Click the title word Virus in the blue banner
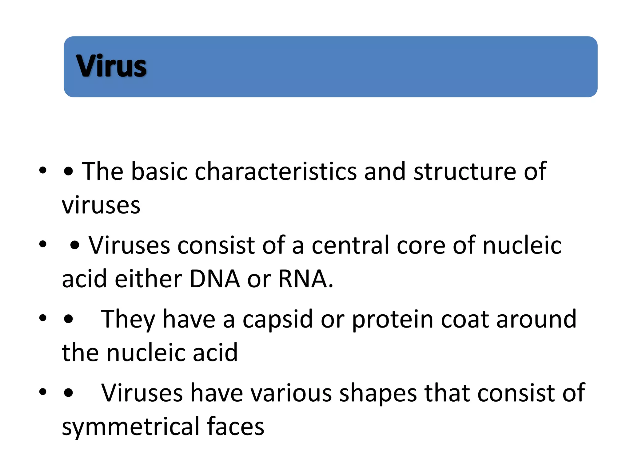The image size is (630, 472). (111, 66)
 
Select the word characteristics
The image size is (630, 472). (276, 171)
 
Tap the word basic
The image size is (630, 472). (159, 171)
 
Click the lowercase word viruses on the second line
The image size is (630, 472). (101, 205)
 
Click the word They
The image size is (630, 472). (128, 320)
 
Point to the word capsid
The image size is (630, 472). (277, 320)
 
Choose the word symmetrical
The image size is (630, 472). (131, 427)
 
